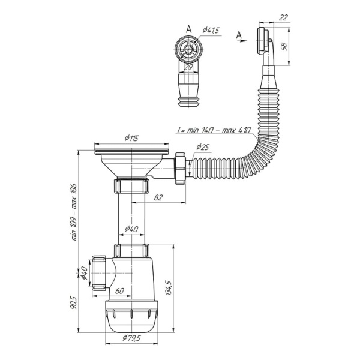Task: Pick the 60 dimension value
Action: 119,291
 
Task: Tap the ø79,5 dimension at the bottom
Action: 131,338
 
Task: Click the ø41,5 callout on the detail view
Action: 209,31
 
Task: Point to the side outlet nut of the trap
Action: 100,274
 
